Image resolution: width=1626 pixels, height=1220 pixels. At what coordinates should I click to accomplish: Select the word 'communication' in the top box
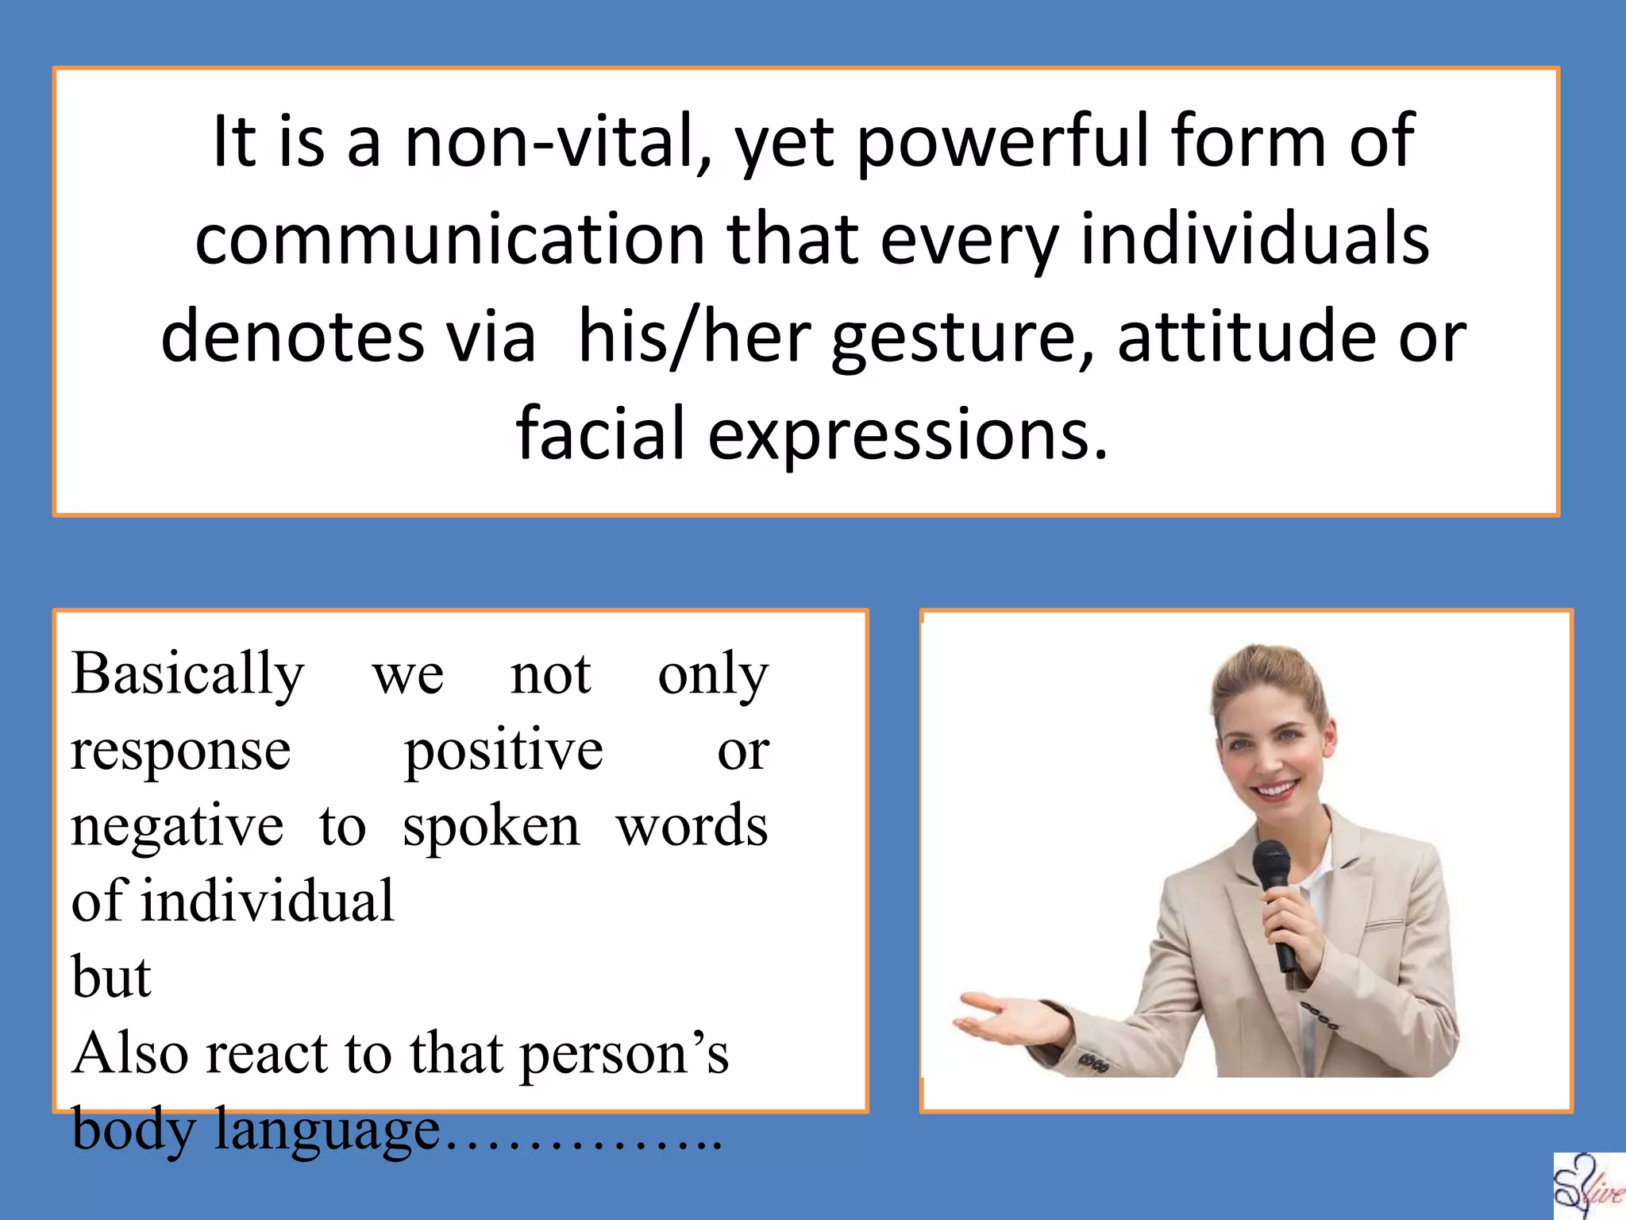click(x=449, y=240)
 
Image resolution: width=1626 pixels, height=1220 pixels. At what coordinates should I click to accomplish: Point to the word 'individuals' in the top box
click(x=1255, y=240)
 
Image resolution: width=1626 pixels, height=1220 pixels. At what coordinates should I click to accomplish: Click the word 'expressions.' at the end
click(x=907, y=434)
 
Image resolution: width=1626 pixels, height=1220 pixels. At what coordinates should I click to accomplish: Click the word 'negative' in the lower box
click(x=176, y=826)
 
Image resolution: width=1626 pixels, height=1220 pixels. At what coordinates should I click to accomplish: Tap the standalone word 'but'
click(x=110, y=977)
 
